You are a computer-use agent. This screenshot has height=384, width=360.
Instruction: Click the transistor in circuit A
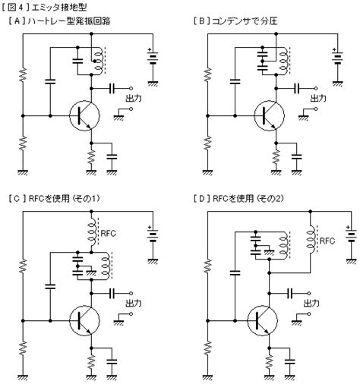point(84,115)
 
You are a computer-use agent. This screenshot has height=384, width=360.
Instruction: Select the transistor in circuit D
point(262,320)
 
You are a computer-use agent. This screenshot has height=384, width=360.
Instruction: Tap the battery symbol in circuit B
point(337,58)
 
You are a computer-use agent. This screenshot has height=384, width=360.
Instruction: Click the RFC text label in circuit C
point(109,233)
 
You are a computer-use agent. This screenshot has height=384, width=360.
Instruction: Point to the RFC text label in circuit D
point(327,241)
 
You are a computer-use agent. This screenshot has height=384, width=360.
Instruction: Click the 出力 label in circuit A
point(134,98)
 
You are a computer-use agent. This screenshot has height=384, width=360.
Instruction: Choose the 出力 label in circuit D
point(311,303)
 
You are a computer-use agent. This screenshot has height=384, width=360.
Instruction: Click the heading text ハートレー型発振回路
point(69,21)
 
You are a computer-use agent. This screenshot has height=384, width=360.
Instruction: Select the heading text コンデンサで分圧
point(245,21)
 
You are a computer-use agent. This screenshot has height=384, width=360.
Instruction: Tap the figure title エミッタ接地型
point(59,8)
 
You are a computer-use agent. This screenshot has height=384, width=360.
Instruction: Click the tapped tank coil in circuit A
point(99,61)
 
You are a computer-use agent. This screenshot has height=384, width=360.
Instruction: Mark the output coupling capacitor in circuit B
point(296,89)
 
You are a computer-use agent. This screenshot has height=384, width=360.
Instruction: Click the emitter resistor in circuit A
point(91,156)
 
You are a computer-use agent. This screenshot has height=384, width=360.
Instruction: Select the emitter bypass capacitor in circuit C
point(112,361)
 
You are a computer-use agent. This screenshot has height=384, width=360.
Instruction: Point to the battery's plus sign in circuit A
point(150,49)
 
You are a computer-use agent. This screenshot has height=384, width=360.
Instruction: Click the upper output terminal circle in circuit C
point(131,293)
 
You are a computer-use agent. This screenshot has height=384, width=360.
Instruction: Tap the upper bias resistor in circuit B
point(207,74)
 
